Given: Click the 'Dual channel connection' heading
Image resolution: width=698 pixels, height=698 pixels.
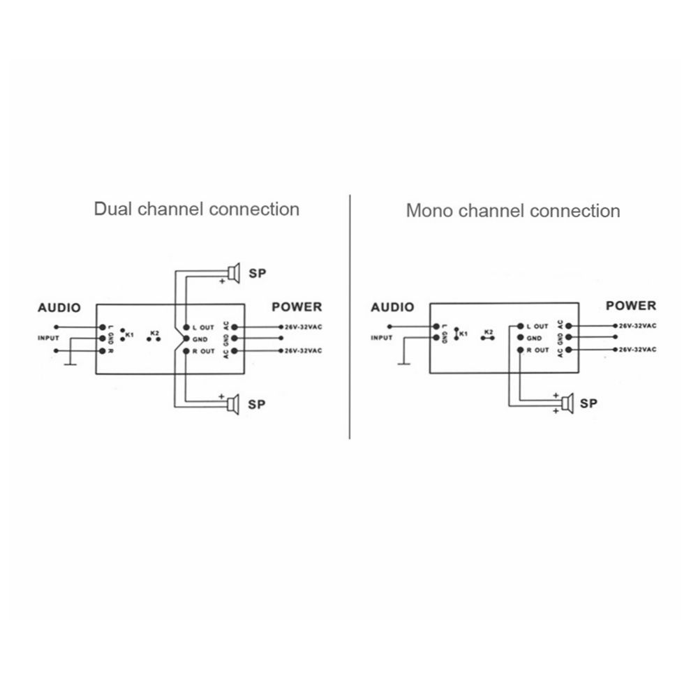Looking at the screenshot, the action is pos(196,209).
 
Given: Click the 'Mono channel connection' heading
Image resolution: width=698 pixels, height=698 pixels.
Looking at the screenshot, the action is pos(513,211).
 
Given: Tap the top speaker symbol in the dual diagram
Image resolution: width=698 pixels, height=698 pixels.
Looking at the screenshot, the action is pos(234,272).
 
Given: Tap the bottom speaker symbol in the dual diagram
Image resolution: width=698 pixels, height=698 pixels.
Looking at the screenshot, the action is pos(233,404).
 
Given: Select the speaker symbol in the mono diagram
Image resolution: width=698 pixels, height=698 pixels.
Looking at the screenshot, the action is pos(567,403).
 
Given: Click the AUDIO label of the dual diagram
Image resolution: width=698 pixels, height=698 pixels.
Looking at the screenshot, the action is pos(59,308).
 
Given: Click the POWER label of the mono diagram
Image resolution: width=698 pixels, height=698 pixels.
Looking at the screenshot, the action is pos(631,306).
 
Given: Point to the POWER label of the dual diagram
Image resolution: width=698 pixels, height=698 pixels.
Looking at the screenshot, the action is pos(297,307).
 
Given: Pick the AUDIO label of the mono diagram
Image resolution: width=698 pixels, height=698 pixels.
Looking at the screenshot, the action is pos(392,307).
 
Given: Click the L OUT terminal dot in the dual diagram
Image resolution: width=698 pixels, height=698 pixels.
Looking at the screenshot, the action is pos(186,327).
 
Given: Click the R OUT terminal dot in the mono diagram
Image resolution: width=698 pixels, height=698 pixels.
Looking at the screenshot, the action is pos(520,350).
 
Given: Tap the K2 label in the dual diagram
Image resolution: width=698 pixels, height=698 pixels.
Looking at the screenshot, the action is pos(154,332).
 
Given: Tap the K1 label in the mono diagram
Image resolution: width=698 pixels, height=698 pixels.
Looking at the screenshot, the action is pos(463,334).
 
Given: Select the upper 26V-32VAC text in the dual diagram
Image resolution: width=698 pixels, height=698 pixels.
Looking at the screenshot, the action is pos(303,327).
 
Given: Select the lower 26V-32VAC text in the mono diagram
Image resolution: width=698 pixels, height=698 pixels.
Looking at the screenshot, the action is pos(637,350).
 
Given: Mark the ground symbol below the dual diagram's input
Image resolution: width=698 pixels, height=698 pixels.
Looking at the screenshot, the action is pos(70,365).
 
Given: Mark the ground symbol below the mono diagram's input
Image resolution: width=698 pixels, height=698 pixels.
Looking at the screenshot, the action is pos(403,364).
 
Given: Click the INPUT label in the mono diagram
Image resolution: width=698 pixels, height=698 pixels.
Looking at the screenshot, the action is pos(382,338).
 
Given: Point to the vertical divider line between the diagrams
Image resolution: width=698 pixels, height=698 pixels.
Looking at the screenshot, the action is pos(350,317).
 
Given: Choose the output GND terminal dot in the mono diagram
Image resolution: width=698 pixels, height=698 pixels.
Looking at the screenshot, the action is pos(520,339).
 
